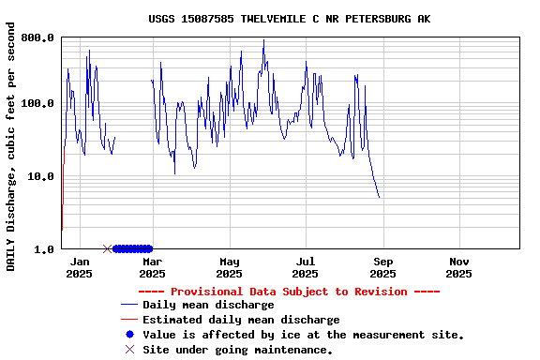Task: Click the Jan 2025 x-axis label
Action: click(x=80, y=267)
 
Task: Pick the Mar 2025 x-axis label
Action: click(x=152, y=267)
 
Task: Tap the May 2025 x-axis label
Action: click(x=229, y=267)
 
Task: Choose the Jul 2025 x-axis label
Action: click(x=305, y=267)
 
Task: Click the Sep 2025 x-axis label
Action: click(x=382, y=267)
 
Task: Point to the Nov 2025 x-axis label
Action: click(x=458, y=267)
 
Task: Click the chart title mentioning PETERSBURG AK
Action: click(x=290, y=19)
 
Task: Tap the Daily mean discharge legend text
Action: click(x=208, y=305)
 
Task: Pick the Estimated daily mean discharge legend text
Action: click(x=241, y=320)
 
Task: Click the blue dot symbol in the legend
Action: click(x=129, y=335)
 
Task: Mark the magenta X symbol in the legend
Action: click(x=129, y=350)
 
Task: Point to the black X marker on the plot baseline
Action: click(x=107, y=248)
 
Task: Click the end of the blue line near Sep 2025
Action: click(x=379, y=198)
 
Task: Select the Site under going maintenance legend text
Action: click(x=237, y=350)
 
